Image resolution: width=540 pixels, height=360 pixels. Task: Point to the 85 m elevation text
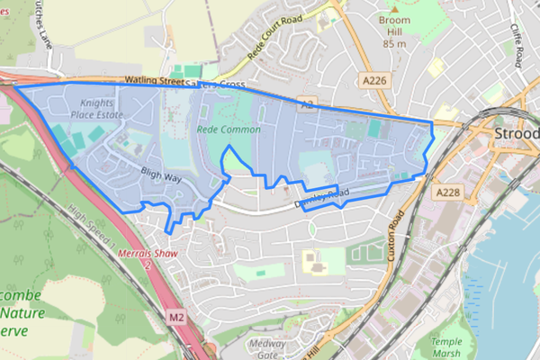[x=394, y=42]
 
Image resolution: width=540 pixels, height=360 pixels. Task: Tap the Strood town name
[x=517, y=134]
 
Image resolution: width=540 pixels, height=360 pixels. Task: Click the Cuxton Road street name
[x=393, y=236]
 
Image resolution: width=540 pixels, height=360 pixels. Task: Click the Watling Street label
[x=127, y=81]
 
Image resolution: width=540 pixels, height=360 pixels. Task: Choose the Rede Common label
[x=229, y=130]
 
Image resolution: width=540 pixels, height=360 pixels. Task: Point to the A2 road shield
[x=309, y=105]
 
